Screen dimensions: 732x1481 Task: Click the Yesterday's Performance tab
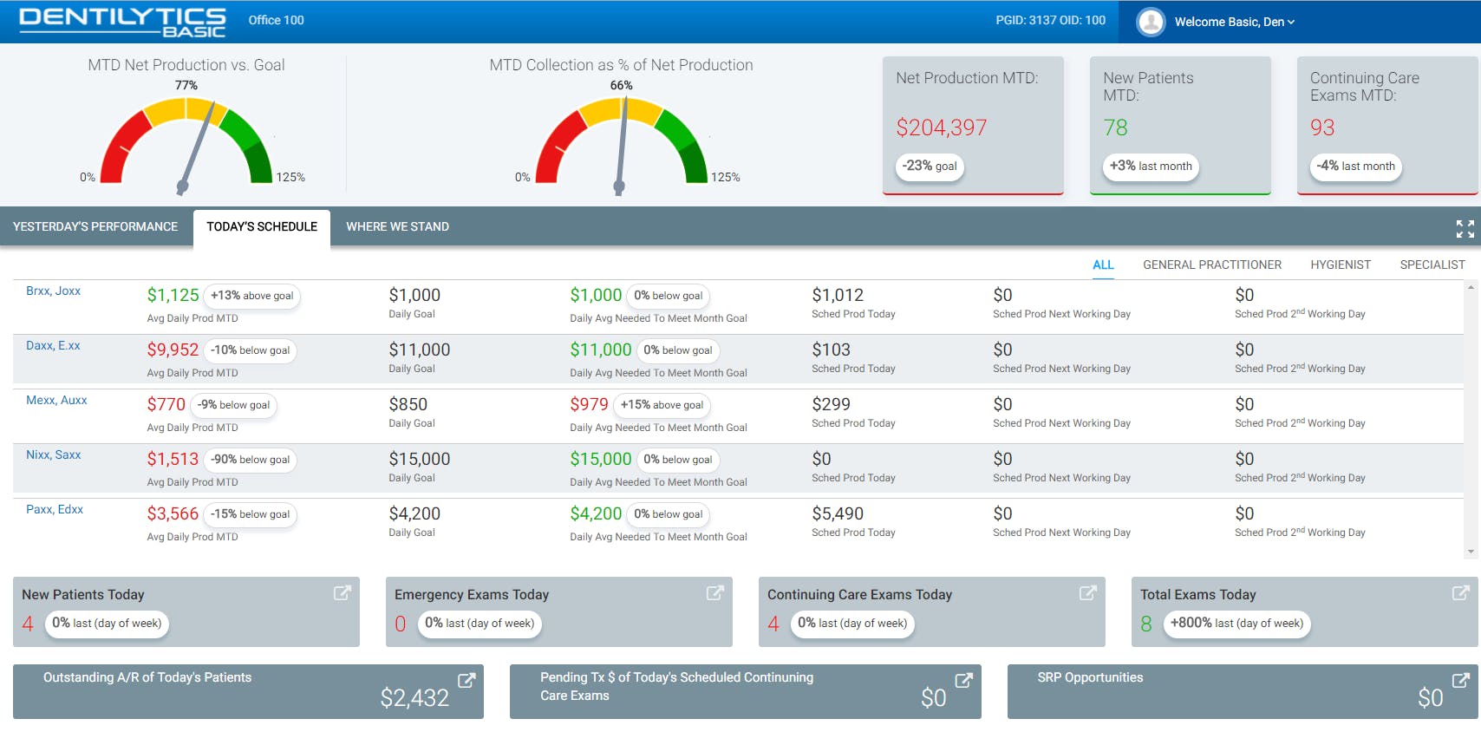(95, 227)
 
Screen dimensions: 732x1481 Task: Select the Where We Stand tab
(397, 227)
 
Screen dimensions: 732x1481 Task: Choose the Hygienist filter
(1341, 265)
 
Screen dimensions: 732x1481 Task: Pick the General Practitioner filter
(1211, 265)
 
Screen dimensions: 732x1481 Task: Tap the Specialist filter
(1432, 265)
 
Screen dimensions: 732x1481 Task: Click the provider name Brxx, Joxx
(53, 291)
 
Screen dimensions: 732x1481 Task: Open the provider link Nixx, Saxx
(53, 455)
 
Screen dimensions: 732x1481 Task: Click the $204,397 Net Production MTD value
(941, 128)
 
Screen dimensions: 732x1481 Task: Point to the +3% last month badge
(1151, 167)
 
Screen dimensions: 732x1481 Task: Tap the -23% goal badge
(930, 167)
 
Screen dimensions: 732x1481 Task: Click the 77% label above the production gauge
(186, 86)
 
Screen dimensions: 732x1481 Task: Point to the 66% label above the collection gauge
(622, 86)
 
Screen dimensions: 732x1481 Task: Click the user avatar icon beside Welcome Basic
(1151, 22)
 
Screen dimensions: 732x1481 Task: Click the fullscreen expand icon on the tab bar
(1465, 228)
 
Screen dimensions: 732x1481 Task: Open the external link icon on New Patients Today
(343, 593)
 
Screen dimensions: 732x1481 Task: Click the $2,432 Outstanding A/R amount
(414, 698)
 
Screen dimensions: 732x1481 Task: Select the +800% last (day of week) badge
(1236, 624)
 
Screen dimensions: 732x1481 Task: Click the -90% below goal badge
(251, 460)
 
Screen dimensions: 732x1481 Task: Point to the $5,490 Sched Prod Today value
(838, 514)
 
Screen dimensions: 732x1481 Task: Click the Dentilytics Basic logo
(122, 22)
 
